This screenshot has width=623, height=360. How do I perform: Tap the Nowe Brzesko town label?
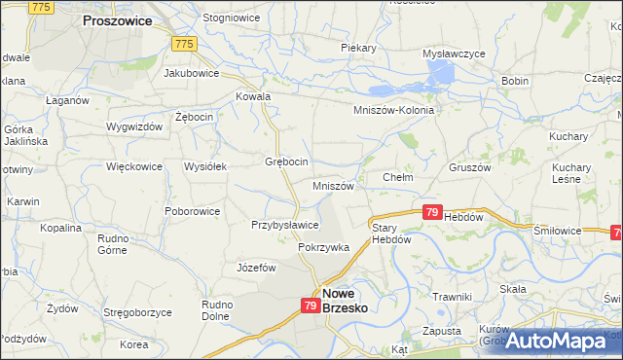coord(350,300)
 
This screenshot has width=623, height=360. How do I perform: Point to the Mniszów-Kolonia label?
coord(393,110)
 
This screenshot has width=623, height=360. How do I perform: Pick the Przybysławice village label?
coord(285,225)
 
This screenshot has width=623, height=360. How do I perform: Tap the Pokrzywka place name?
coord(323,248)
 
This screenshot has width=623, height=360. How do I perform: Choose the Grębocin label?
coord(287,162)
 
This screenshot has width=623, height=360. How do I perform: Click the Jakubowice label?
coord(191,72)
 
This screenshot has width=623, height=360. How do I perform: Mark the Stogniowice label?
coord(230,18)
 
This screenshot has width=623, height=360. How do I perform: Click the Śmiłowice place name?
coord(558,231)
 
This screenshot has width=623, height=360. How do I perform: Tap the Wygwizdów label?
coord(135,127)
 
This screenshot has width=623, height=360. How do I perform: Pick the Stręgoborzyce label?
coord(137,312)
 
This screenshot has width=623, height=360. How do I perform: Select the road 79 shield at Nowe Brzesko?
coord(310,306)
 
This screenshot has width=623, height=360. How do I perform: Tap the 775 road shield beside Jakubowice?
coord(184,44)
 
